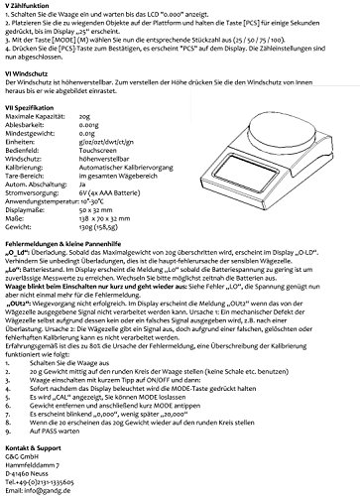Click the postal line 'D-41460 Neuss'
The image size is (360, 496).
point(29,473)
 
